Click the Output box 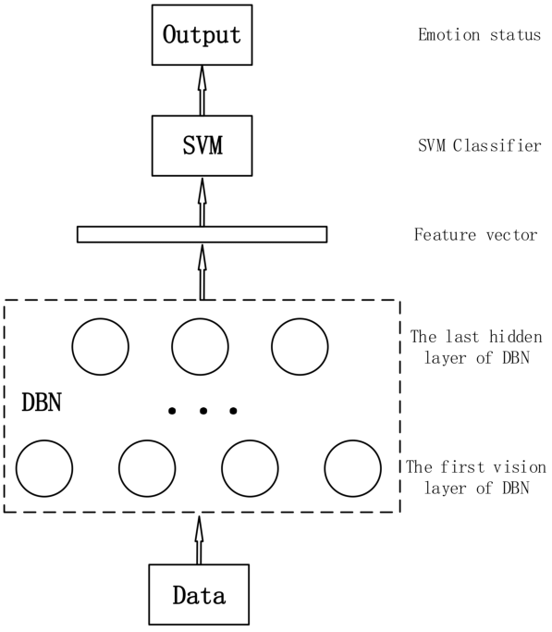[x=202, y=36]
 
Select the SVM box [x=202, y=146]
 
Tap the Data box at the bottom [x=198, y=594]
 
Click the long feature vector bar [x=202, y=234]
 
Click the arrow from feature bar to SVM [x=202, y=201]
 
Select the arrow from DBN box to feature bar [x=202, y=271]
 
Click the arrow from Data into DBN [x=198, y=539]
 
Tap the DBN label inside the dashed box [x=42, y=403]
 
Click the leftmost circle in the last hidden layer [x=101, y=346]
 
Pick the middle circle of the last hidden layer [x=200, y=346]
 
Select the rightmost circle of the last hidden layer [x=299, y=346]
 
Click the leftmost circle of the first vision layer [x=44, y=468]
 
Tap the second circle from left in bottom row [x=147, y=468]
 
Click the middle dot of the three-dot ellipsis [x=202, y=410]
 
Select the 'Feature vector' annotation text [x=475, y=235]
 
